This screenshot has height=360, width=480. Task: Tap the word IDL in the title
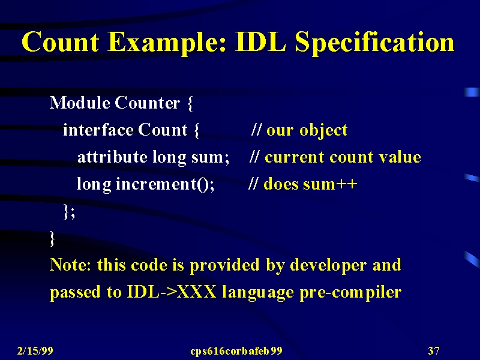[x=260, y=41]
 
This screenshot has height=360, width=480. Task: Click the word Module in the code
[x=80, y=103]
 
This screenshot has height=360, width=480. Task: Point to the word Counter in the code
[x=147, y=103]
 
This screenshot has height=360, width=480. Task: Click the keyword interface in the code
[x=98, y=130]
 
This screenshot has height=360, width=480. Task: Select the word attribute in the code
[x=112, y=157]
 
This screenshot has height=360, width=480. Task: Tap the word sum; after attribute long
[x=211, y=158]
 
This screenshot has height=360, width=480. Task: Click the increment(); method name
[x=165, y=184]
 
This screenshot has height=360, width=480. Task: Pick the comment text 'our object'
[x=307, y=130]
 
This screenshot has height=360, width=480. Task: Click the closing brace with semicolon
[x=69, y=212]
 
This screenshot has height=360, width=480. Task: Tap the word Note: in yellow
[x=70, y=265]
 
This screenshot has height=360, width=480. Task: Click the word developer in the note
[x=328, y=265]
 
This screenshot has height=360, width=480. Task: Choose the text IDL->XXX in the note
[x=172, y=292]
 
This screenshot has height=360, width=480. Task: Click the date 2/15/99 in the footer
[x=35, y=350]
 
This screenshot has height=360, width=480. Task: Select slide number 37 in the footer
[x=434, y=350]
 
